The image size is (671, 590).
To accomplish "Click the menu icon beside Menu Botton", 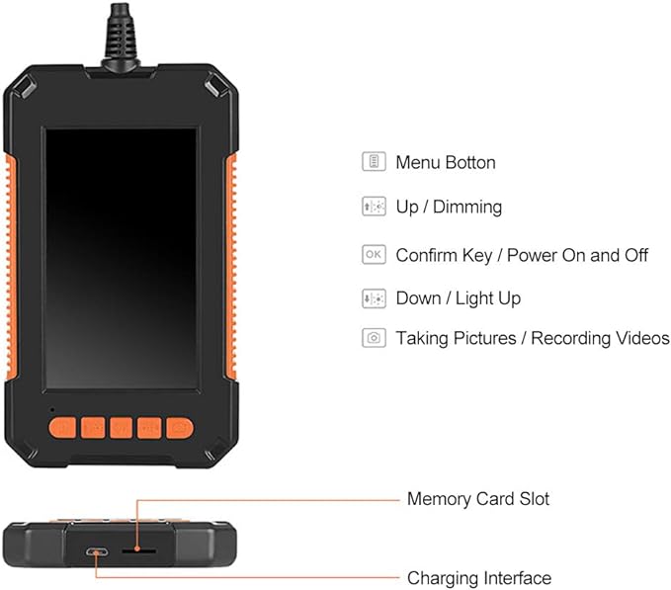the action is coord(374,162).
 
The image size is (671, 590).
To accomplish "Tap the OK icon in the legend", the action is coord(374,255).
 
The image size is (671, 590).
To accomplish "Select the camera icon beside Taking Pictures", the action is coord(374,338).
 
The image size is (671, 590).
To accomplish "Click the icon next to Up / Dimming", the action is coord(374,208).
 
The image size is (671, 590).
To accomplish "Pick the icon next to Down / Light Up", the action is coord(374,297).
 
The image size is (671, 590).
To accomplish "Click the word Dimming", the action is coord(466,208).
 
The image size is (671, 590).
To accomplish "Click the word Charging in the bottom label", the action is coord(443,578).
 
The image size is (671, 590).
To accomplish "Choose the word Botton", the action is coord(470,162).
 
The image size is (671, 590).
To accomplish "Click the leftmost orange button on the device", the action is coord(61,427).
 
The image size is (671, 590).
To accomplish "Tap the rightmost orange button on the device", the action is coord(179,427).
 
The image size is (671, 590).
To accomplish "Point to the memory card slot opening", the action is coord(136,551).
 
